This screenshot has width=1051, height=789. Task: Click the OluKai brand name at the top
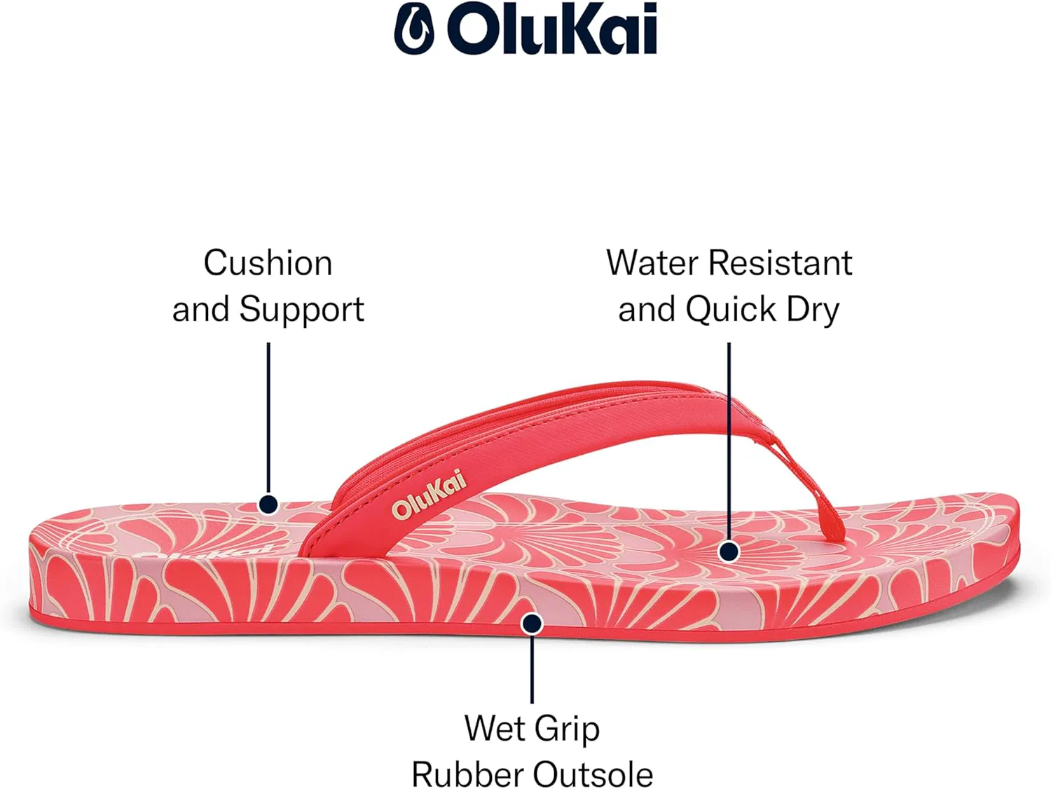tap(551, 29)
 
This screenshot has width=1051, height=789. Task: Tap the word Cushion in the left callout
tap(268, 263)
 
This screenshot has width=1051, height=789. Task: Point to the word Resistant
tap(781, 263)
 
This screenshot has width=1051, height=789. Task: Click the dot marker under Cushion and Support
tap(268, 505)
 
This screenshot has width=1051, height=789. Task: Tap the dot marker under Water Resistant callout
tap(729, 551)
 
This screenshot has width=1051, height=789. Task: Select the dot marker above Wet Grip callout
tap(532, 624)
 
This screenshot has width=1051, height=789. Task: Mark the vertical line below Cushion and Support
tap(268, 419)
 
